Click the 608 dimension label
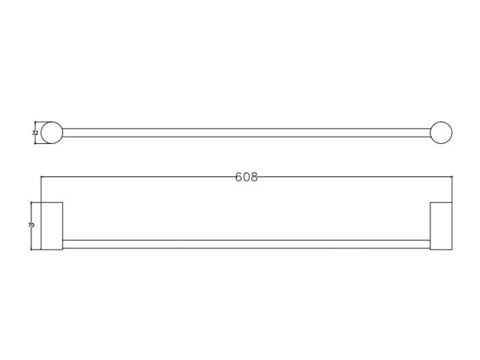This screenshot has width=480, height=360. click(x=246, y=177)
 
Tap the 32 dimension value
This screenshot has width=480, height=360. click(x=35, y=133)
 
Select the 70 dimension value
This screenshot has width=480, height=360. click(x=32, y=226)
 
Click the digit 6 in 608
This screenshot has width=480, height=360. click(x=239, y=177)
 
